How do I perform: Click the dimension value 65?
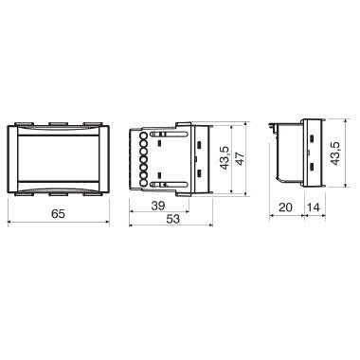58,214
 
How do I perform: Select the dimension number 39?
158,206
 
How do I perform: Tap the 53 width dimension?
172,219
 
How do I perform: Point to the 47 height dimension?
240,159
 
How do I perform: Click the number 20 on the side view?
286,207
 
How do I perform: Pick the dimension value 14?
314,207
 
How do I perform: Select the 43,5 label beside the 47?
225,158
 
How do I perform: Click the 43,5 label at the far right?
334,153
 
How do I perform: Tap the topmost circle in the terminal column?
143,136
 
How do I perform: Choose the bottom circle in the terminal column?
143,183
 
